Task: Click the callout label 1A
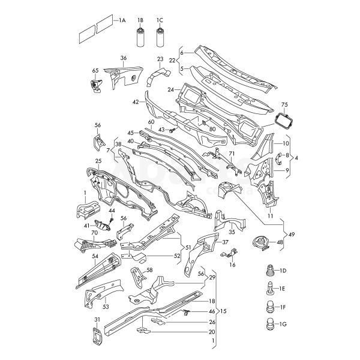coord(122,20)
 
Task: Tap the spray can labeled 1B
coord(140,37)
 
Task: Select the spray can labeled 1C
coord(160,37)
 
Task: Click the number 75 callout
coord(284,104)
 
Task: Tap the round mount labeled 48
coord(260,244)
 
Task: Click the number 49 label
coord(292,235)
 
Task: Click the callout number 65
coord(95,70)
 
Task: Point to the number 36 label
coord(123,58)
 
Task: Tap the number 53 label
coord(106,307)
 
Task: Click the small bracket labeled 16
coord(230,253)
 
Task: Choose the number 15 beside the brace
coord(223,311)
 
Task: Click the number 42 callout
coord(136,102)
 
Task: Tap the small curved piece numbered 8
coord(278,158)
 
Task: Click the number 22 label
coord(172,61)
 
